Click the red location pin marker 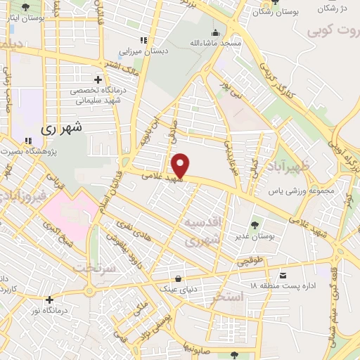pos(181,165)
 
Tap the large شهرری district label pos(62,128)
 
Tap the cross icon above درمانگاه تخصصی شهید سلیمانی pos(98,78)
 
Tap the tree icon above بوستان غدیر pos(255,225)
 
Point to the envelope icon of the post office pos(283,275)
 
